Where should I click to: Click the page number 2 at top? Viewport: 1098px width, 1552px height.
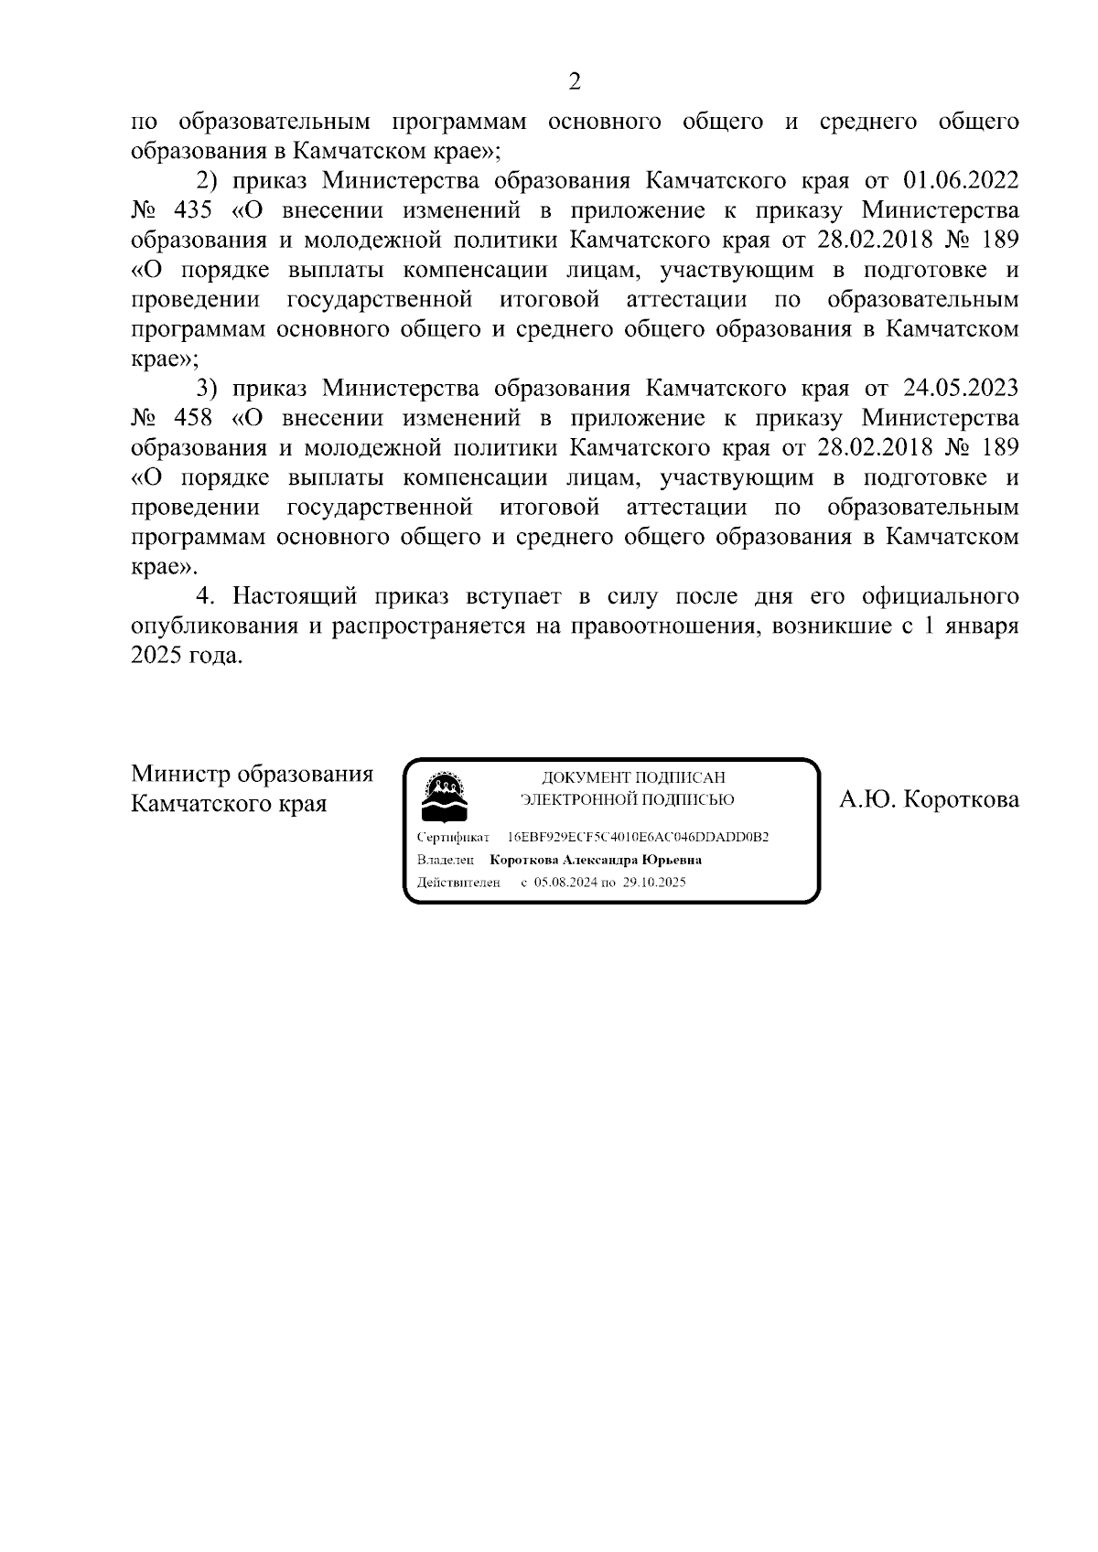point(575,82)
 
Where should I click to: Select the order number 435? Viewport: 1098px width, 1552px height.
point(191,211)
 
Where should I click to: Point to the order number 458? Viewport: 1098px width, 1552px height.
point(191,419)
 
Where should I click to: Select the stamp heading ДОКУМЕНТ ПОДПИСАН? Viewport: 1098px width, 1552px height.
point(634,777)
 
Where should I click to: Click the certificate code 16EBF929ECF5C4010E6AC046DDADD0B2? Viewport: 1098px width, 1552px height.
point(638,838)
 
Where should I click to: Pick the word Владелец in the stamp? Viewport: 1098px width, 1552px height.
point(446,861)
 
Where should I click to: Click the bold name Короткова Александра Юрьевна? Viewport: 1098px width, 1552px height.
point(596,861)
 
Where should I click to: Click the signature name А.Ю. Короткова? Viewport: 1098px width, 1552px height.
point(930,800)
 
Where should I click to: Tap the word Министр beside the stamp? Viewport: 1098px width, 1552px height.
point(180,775)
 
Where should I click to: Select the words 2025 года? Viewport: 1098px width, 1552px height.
point(187,657)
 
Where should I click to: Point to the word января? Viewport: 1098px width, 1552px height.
point(986,627)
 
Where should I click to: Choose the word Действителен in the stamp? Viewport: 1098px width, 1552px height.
point(457,883)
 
